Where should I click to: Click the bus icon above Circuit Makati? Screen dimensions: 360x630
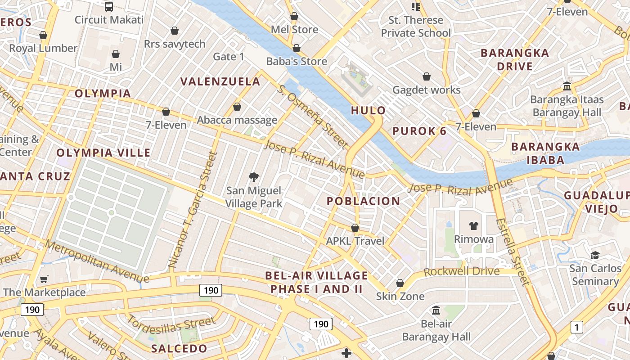click(x=109, y=6)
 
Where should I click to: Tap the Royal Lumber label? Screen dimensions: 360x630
click(x=43, y=48)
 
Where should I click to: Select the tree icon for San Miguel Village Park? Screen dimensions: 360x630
click(x=254, y=177)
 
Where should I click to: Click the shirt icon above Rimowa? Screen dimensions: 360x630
click(x=473, y=225)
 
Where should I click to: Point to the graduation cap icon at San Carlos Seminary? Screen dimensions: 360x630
click(x=595, y=255)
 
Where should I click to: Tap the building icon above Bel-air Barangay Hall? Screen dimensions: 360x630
click(x=436, y=310)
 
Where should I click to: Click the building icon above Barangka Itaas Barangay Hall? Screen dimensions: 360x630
click(x=567, y=85)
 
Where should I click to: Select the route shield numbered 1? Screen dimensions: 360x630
click(x=576, y=327)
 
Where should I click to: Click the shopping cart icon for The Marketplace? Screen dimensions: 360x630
click(x=44, y=279)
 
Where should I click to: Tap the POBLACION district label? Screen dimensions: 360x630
click(x=364, y=201)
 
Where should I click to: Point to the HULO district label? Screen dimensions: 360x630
click(x=368, y=110)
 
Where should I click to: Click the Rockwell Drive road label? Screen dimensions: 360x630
click(x=461, y=271)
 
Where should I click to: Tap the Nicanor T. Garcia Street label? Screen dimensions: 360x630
click(x=193, y=210)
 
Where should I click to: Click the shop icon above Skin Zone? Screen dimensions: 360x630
click(x=400, y=283)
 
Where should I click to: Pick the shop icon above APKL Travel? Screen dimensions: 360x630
click(x=355, y=228)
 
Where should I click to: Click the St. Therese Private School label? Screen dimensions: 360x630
click(x=416, y=27)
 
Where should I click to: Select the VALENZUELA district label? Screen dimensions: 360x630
click(x=220, y=81)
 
